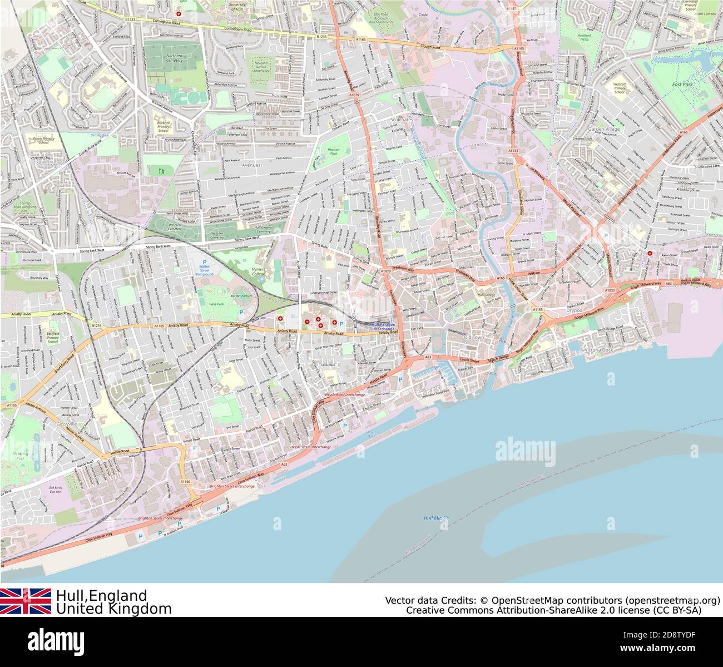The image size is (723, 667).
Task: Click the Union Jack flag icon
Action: point(26,601)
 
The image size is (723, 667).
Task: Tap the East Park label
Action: point(683,85)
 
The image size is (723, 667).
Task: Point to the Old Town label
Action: point(473,338)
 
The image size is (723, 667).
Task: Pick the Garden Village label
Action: point(605,129)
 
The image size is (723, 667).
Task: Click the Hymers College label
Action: point(258,271)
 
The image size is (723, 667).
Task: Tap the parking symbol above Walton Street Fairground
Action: point(204,262)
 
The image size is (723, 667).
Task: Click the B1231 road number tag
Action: point(96,326)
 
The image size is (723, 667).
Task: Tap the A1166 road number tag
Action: point(185,481)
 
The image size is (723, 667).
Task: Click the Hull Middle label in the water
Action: point(436,518)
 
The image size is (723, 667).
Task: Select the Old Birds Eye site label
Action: point(55,490)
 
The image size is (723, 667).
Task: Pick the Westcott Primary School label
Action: point(620,87)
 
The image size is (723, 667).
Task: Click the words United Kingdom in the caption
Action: point(113,609)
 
